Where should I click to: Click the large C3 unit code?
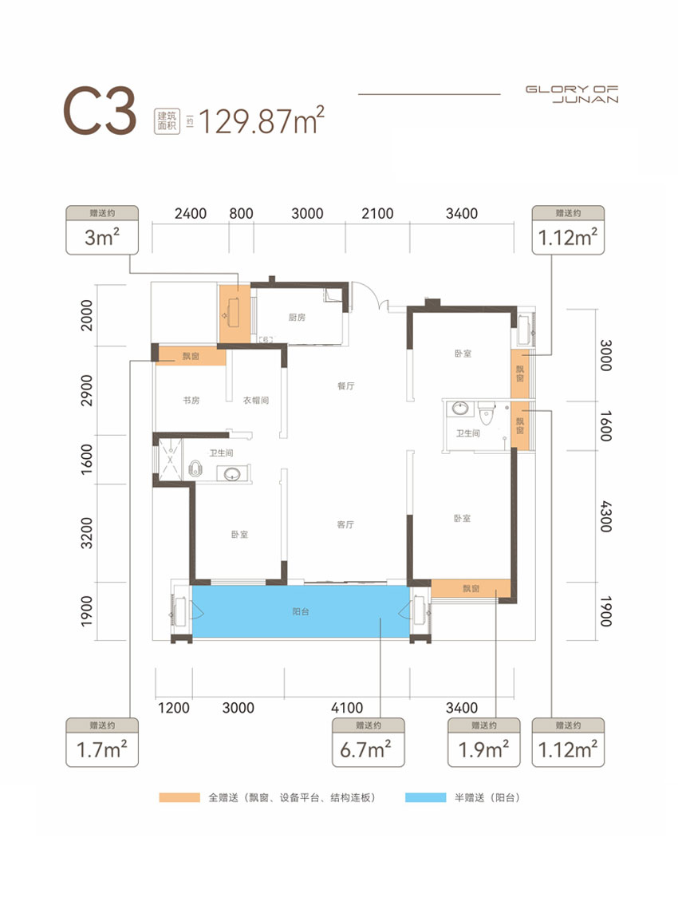click(x=100, y=112)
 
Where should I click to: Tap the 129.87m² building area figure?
click(x=262, y=121)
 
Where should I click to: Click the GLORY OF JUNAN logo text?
click(x=572, y=94)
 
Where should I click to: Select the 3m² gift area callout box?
click(x=102, y=230)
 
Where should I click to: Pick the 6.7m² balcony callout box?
click(x=369, y=742)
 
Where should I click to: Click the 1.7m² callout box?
click(x=102, y=742)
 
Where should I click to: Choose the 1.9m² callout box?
click(x=483, y=742)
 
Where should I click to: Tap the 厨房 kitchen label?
click(x=297, y=318)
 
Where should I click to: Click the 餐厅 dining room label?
click(x=346, y=386)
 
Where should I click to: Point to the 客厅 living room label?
click(x=345, y=524)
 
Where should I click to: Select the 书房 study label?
click(x=191, y=401)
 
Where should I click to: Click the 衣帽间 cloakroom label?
click(x=255, y=401)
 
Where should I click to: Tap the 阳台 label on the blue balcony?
click(x=301, y=611)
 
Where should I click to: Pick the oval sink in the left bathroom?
click(x=233, y=474)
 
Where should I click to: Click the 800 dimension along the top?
click(x=241, y=213)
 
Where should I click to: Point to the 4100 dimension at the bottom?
click(x=347, y=708)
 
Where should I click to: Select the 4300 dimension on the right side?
click(x=606, y=516)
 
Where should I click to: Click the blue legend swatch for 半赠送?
click(x=425, y=797)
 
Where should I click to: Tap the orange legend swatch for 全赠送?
click(x=179, y=797)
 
